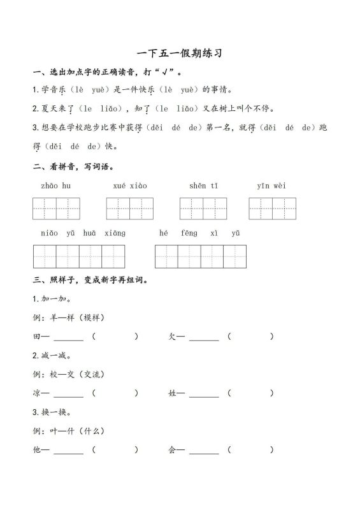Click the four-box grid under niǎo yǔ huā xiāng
tap(78, 256)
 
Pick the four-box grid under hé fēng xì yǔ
tap(200, 256)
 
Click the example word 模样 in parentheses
tap(93, 317)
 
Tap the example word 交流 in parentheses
tap(93, 374)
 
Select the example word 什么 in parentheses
tap(93, 431)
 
